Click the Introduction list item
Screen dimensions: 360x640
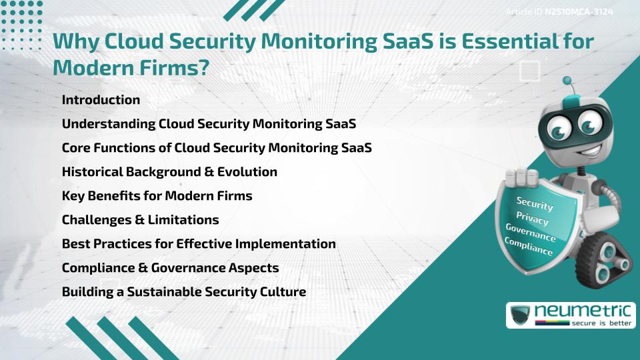click(x=101, y=100)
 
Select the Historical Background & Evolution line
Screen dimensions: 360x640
click(x=169, y=172)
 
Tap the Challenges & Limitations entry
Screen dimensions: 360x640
click(x=140, y=219)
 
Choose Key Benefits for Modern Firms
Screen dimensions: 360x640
click(x=157, y=196)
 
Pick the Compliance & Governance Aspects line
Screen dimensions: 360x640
click(x=170, y=267)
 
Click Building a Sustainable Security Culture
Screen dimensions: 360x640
click(x=183, y=291)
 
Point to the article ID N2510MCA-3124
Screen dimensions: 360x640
click(x=579, y=11)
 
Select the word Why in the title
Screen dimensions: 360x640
click(x=75, y=41)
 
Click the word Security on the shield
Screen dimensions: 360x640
click(x=535, y=204)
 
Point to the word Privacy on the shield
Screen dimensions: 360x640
click(x=532, y=219)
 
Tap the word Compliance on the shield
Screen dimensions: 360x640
click(x=529, y=247)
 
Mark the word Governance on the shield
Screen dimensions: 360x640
click(x=531, y=233)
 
